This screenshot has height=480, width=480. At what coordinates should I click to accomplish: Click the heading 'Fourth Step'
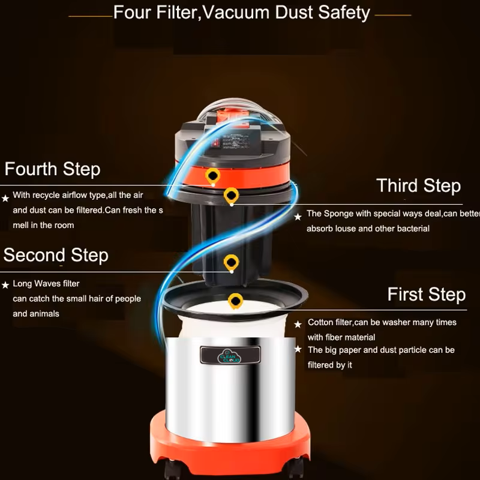tap(52, 169)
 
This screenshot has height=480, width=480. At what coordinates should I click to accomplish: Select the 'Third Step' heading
tap(418, 186)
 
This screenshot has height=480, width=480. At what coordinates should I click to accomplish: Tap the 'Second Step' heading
tap(56, 256)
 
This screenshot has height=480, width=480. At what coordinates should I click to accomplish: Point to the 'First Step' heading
tap(427, 295)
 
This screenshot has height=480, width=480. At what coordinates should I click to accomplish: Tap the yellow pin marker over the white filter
tap(235, 301)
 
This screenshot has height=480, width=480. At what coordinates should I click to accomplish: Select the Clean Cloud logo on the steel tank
tap(229, 356)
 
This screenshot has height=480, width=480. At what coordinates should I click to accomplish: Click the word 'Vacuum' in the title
tap(235, 13)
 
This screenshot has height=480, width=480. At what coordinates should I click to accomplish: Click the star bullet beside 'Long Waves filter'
tap(5, 285)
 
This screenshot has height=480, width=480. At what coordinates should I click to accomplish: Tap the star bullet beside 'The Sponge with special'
tap(298, 217)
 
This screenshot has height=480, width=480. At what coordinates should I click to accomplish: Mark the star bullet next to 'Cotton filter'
tap(298, 324)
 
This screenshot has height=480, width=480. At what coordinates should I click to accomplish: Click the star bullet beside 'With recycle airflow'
tap(5, 199)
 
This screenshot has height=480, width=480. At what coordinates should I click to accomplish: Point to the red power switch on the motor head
tap(216, 142)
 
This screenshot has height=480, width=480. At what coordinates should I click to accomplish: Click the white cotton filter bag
tap(233, 322)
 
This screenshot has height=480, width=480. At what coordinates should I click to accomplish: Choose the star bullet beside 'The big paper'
tap(298, 349)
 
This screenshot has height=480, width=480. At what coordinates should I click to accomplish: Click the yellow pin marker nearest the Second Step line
tap(231, 263)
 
